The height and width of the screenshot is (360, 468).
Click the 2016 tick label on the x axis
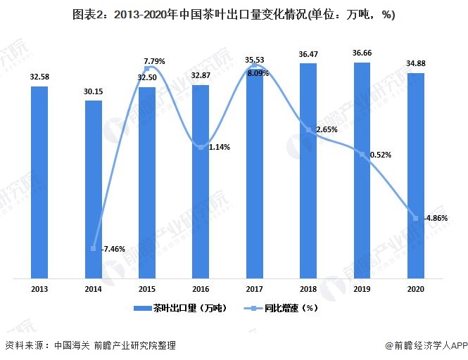[201, 288]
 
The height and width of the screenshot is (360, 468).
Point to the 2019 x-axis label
[362, 288]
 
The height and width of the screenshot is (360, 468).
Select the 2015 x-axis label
[147, 288]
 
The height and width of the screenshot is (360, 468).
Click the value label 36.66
[362, 54]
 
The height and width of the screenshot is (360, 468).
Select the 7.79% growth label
[153, 62]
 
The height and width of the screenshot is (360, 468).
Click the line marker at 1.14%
[201, 147]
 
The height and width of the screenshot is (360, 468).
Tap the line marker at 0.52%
[362, 154]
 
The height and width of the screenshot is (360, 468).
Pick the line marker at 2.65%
[308, 129]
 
